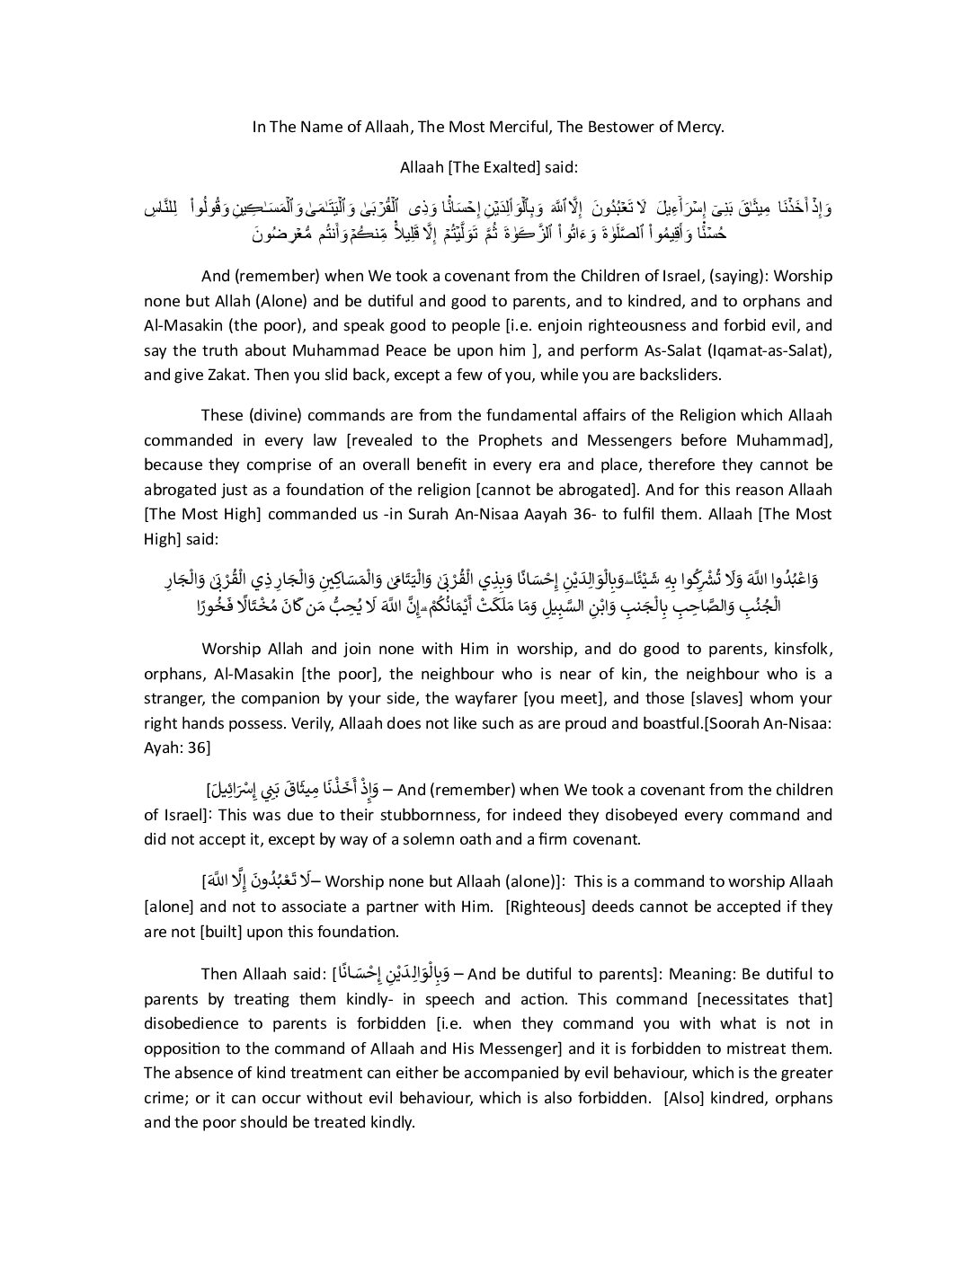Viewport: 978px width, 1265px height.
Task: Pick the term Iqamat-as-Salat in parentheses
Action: (x=769, y=350)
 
